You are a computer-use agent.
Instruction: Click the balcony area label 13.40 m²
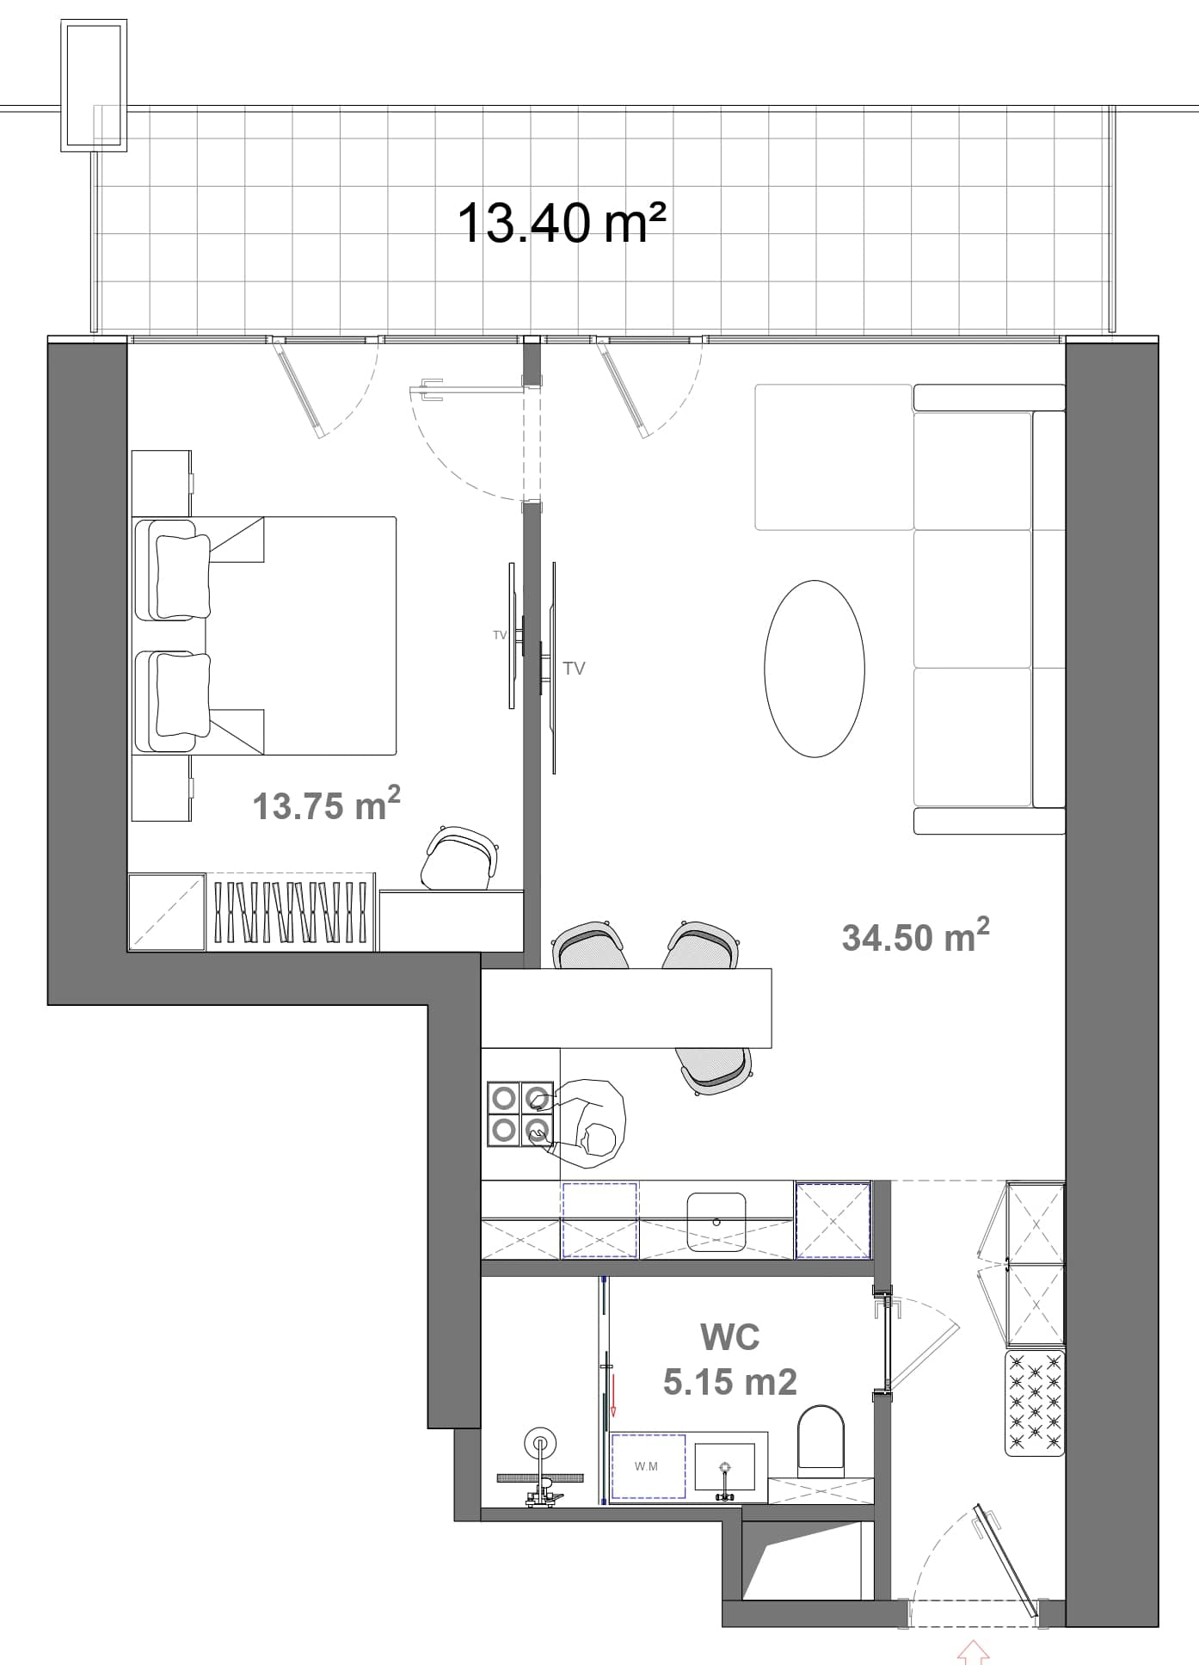(x=561, y=223)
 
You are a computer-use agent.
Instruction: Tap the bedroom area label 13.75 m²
(x=326, y=805)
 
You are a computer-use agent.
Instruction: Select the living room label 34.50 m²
(x=915, y=936)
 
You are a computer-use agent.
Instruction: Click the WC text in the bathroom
(x=729, y=1336)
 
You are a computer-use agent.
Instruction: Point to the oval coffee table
(x=814, y=669)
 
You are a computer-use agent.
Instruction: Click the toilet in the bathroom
(x=822, y=1439)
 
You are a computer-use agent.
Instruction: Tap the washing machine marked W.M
(x=647, y=1467)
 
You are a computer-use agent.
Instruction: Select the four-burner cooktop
(x=520, y=1113)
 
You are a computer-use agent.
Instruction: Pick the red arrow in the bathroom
(x=614, y=1395)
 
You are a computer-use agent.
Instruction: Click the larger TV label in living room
(x=574, y=668)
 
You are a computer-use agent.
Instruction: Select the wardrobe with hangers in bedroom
(x=291, y=911)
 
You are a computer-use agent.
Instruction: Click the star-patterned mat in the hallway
(x=1035, y=1403)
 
